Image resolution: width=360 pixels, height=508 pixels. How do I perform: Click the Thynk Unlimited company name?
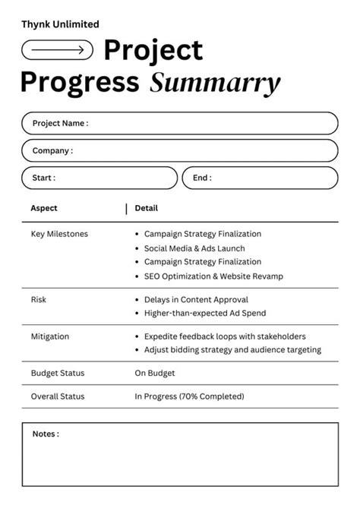pyautogui.click(x=60, y=24)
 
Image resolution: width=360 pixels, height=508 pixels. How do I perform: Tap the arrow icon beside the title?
pyautogui.click(x=58, y=50)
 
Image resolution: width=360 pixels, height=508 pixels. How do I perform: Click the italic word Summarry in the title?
pyautogui.click(x=215, y=82)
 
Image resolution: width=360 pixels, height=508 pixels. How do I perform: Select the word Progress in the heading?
pyautogui.click(x=80, y=82)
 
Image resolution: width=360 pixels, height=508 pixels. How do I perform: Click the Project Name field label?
pyautogui.click(x=60, y=123)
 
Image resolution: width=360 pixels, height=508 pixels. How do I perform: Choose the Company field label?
pyautogui.click(x=52, y=150)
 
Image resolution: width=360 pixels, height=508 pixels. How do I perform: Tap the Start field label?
pyautogui.click(x=43, y=178)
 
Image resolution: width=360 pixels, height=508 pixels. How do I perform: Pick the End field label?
pyautogui.click(x=202, y=178)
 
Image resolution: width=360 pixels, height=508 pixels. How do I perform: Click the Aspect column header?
pyautogui.click(x=44, y=208)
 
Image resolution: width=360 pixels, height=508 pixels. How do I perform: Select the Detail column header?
pyautogui.click(x=147, y=208)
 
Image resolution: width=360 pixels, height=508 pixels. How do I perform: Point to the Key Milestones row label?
pyautogui.click(x=59, y=234)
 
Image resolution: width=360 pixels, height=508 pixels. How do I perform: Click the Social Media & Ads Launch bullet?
pyautogui.click(x=194, y=248)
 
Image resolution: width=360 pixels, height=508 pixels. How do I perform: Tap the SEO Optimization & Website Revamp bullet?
pyautogui.click(x=213, y=276)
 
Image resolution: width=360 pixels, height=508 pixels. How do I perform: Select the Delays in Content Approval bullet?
pyautogui.click(x=196, y=300)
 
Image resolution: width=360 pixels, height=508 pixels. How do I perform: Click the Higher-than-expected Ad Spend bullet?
pyautogui.click(x=205, y=313)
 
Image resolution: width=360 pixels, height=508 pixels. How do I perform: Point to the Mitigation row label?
pyautogui.click(x=50, y=336)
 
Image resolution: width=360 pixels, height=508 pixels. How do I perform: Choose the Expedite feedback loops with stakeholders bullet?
pyautogui.click(x=225, y=336)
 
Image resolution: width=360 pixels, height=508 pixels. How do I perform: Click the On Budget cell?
pyautogui.click(x=155, y=373)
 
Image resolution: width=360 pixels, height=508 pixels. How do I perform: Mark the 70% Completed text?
pyautogui.click(x=212, y=396)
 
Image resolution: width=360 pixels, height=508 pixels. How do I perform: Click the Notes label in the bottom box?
pyautogui.click(x=46, y=434)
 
